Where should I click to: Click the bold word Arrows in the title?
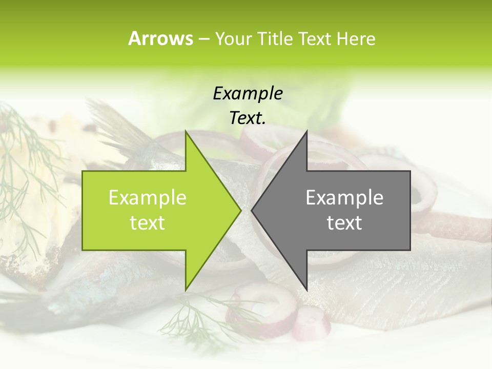click(x=160, y=38)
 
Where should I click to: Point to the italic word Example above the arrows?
click(x=248, y=94)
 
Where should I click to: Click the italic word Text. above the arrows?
click(x=248, y=118)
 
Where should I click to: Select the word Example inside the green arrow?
click(x=148, y=198)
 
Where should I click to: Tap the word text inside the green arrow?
click(x=148, y=223)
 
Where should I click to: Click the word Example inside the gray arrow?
click(x=344, y=198)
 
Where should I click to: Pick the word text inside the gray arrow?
click(x=344, y=223)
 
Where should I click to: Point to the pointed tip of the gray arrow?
click(x=252, y=210)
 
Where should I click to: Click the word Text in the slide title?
click(x=314, y=39)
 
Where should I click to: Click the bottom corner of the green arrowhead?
click(x=186, y=289)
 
